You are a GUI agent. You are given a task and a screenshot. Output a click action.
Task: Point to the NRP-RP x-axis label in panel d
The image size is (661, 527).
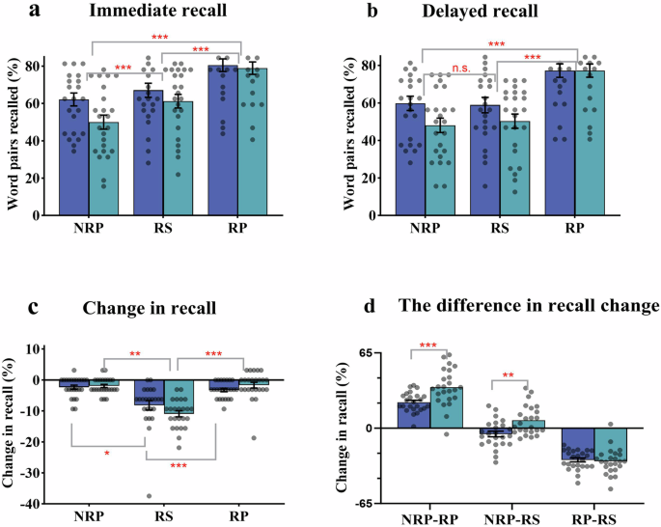(x=421, y=518)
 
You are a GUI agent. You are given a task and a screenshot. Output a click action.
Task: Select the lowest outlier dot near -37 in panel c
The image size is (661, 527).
(x=148, y=496)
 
